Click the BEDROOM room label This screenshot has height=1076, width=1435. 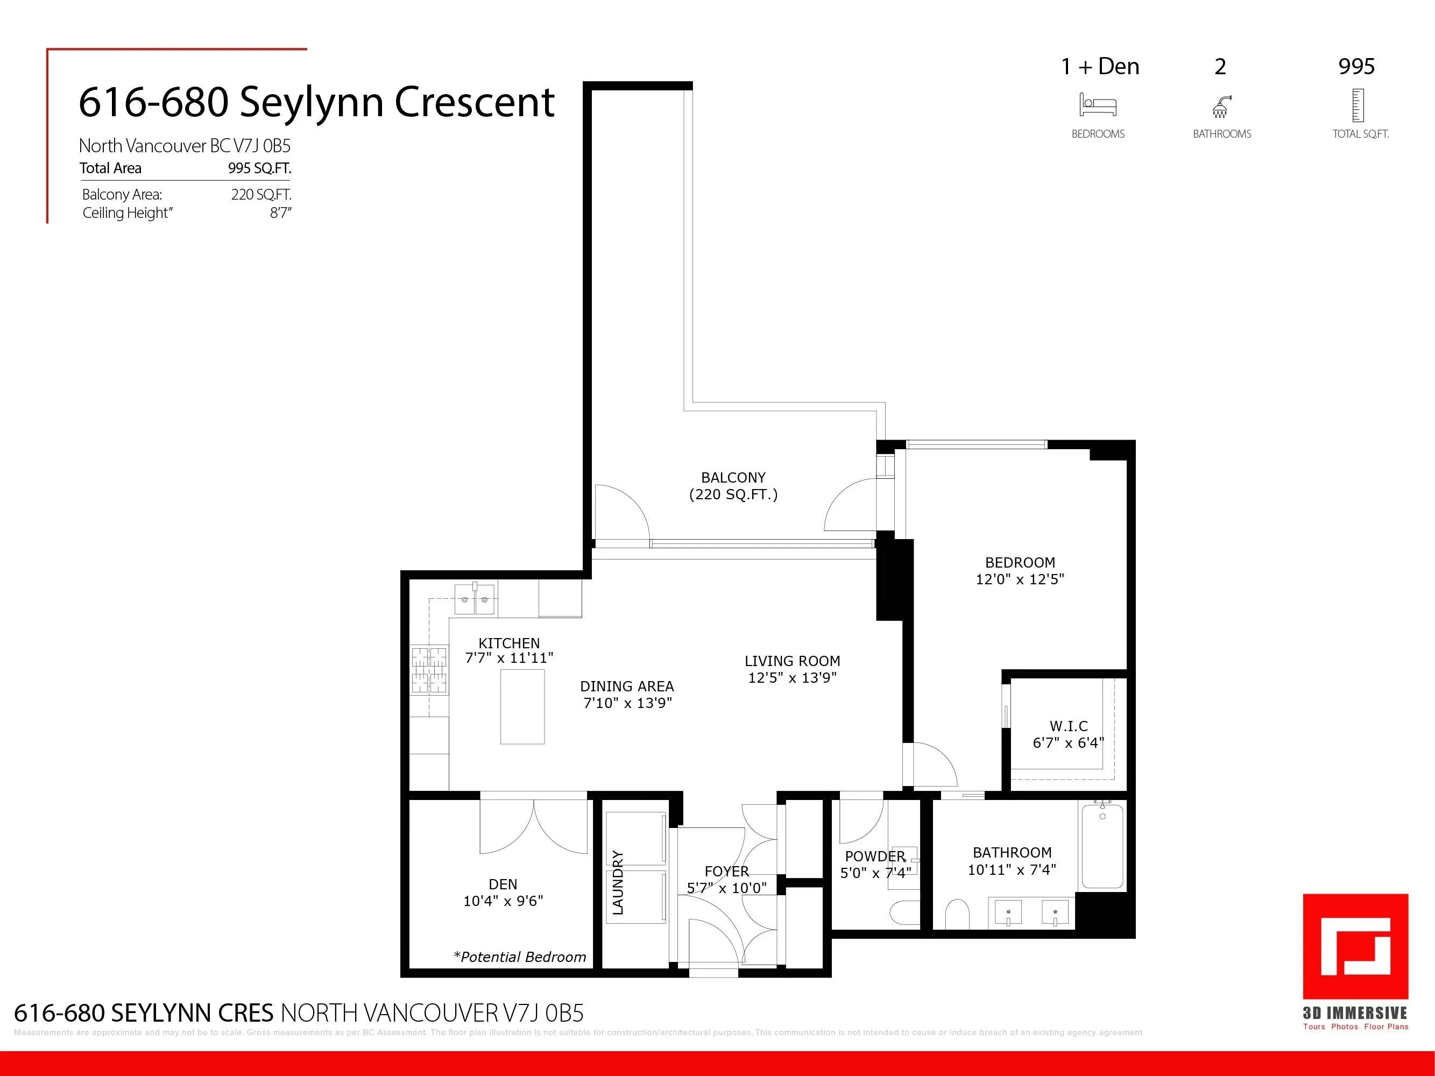click(x=1019, y=562)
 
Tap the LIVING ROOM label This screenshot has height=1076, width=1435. click(x=791, y=661)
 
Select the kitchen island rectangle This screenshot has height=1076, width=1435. click(x=522, y=706)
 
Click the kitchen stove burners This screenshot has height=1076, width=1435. click(x=429, y=670)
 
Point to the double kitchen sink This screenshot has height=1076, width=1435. click(x=475, y=599)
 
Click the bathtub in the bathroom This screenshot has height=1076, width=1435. click(x=1102, y=846)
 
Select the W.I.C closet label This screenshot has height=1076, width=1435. click(x=1069, y=726)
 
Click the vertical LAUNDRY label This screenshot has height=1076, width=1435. click(x=618, y=883)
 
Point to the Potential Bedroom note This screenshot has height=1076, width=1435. click(x=520, y=957)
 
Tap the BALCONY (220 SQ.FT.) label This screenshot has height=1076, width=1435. click(x=733, y=486)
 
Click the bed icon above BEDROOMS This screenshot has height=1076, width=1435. click(x=1098, y=105)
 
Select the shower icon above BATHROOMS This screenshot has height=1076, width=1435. click(x=1221, y=107)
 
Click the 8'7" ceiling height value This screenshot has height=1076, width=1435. click(x=280, y=213)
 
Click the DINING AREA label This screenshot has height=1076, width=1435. click(x=627, y=686)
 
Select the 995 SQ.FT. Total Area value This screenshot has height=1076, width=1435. click(x=259, y=168)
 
